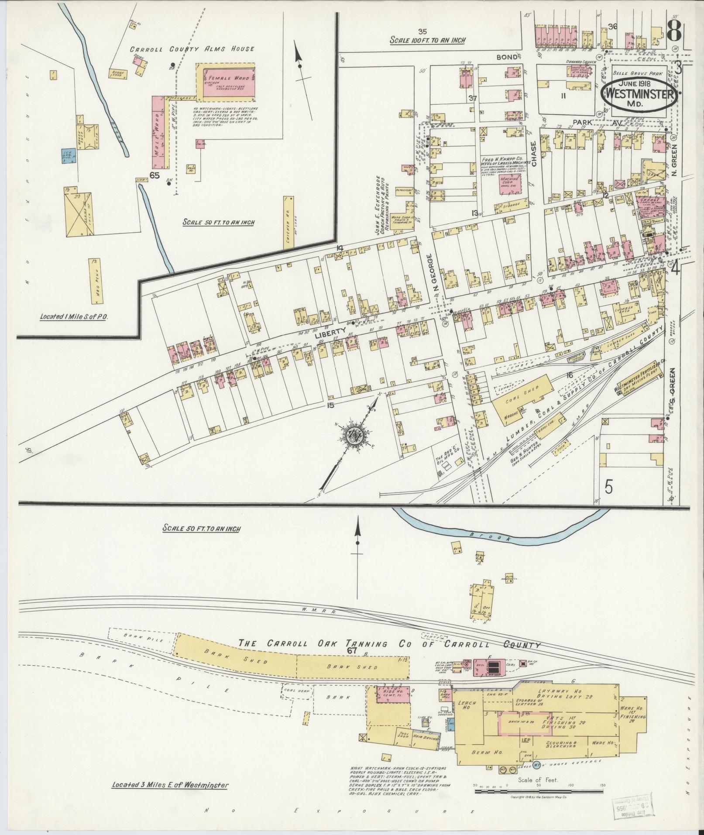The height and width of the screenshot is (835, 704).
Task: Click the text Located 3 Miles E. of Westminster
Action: coord(170,773)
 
